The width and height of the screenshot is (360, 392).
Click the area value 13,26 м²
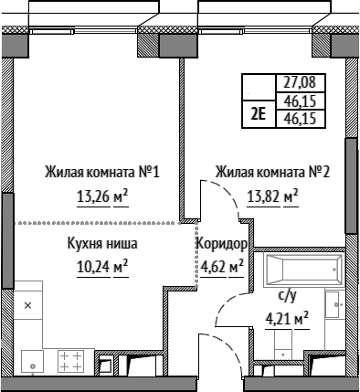pos(102,197)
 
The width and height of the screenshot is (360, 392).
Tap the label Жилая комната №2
pos(272,172)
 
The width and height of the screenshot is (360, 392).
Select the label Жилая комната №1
pos(102,172)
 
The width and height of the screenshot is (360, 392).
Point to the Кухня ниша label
pos(102,244)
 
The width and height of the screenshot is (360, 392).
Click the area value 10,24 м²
pos(102,267)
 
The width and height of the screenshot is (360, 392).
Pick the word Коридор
pos(221,244)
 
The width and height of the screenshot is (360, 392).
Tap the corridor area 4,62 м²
pos(222,267)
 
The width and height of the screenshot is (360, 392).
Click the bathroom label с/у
pos(287,296)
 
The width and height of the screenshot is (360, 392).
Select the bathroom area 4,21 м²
pos(287,319)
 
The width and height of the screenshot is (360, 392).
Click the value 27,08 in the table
pos(300,82)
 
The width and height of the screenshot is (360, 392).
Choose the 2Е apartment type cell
pos(259,114)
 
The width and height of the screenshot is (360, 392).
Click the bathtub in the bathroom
pos(304,270)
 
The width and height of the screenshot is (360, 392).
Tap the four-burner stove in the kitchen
pos(70,361)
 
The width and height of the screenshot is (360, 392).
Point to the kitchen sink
pos(32,361)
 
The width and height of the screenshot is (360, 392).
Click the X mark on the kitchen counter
pos(27,305)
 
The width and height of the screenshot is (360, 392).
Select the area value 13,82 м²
pos(272,197)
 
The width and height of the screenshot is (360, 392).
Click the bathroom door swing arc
pos(225,303)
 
